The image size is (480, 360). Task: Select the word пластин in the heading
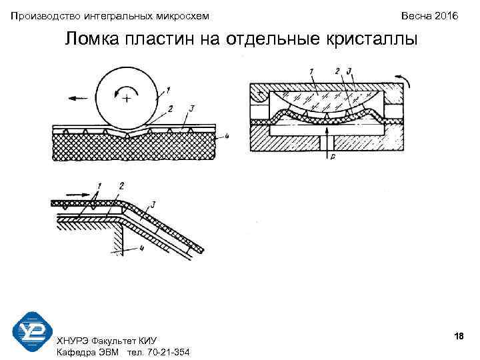pyautogui.click(x=163, y=39)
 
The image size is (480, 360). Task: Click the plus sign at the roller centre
pyautogui.click(x=125, y=99)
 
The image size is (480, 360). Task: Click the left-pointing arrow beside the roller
pyautogui.click(x=77, y=97)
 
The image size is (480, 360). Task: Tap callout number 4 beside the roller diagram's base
pyautogui.click(x=227, y=137)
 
